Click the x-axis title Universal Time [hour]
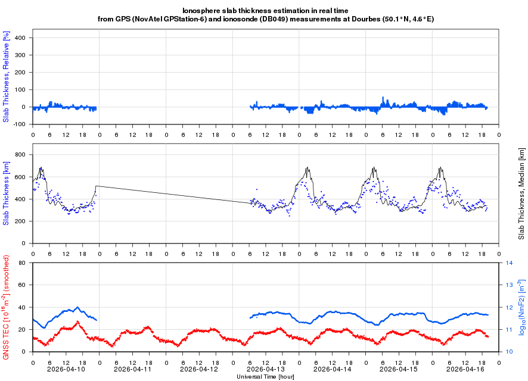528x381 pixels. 265,376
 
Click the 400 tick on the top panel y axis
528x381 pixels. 20,38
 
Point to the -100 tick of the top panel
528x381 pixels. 20,124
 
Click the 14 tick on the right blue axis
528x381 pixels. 510,263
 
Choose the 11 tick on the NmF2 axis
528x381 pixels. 510,329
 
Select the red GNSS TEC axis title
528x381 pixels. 7,307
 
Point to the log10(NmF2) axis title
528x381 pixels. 521,307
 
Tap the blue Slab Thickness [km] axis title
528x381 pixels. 7,193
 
